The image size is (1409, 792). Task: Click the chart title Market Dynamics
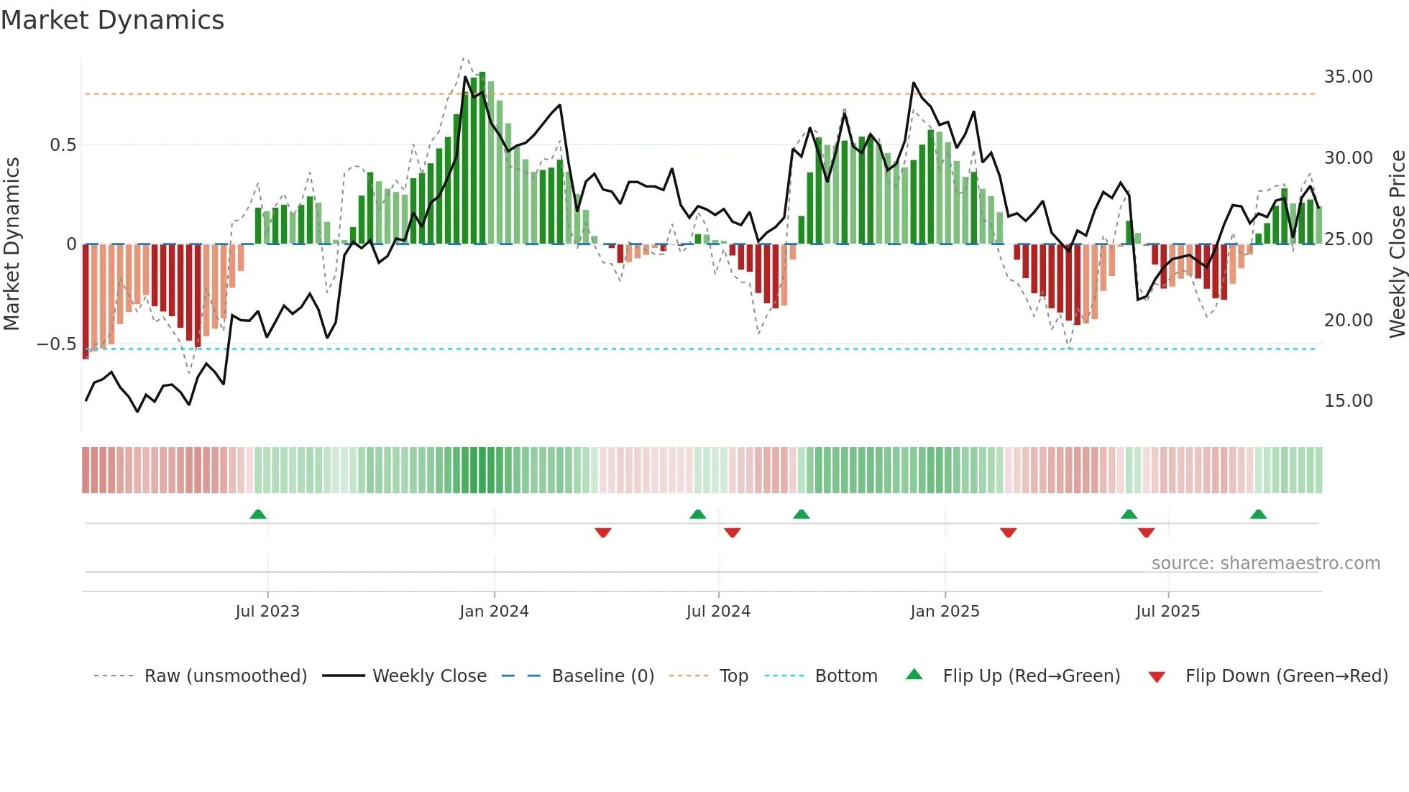point(112,20)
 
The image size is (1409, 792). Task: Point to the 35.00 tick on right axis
point(1348,77)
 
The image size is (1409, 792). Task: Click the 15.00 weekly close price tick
point(1348,401)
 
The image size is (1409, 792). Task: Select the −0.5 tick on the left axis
point(56,344)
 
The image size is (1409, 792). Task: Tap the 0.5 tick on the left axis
point(63,145)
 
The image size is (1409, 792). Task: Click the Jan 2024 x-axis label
point(494,612)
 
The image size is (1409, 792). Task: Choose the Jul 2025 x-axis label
point(1167,612)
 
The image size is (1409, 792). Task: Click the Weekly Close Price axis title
point(1397,244)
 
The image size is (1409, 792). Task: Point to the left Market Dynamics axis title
point(12,244)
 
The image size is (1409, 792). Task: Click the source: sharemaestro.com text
point(1265,563)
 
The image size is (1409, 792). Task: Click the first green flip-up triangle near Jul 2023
point(258,514)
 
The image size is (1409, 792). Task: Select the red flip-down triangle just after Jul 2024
point(733,533)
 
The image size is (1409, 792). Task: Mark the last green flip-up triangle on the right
point(1258,514)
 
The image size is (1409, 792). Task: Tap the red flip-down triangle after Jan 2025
point(1008,533)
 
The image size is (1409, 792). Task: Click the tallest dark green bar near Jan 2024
point(482,158)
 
